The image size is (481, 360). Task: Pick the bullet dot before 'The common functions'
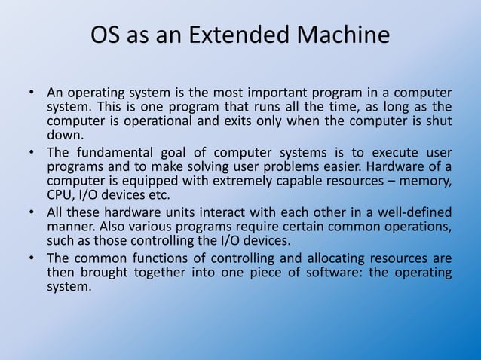[x=32, y=258]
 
